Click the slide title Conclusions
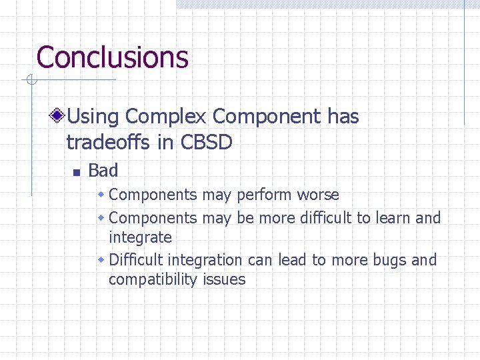pos(112,57)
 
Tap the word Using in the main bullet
pos(93,117)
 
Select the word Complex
pos(166,117)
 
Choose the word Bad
pos(103,171)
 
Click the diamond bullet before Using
pos(59,117)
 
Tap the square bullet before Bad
pos(76,172)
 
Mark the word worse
pos(318,195)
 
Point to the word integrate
pos(140,237)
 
